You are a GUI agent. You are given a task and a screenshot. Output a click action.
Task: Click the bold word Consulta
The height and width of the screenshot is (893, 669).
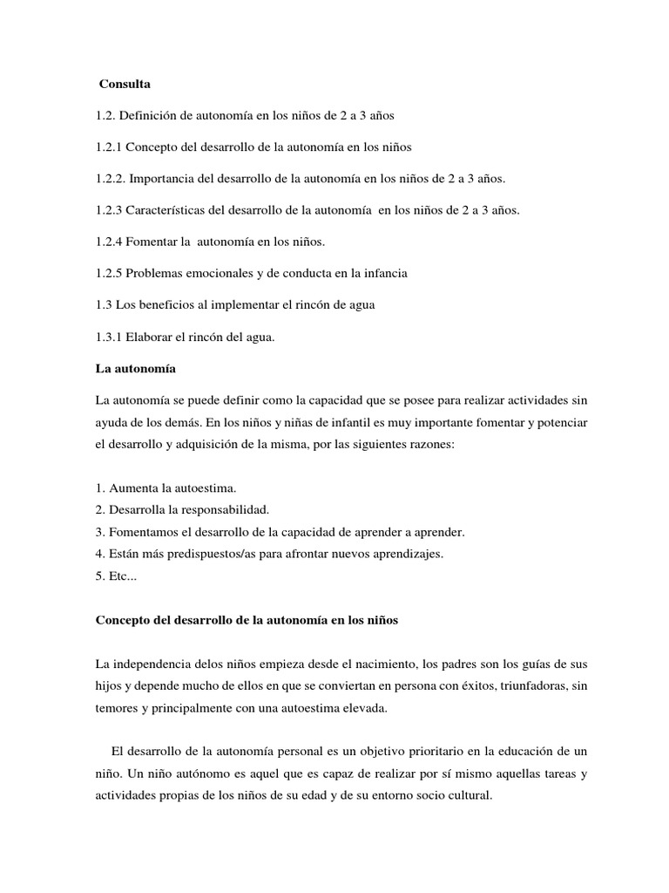point(125,85)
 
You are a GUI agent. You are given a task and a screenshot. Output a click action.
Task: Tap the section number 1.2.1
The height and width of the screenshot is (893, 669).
point(108,147)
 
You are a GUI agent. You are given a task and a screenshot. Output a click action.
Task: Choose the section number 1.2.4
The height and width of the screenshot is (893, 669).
point(108,241)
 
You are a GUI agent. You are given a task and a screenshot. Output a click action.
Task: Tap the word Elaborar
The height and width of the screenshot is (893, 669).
point(150,336)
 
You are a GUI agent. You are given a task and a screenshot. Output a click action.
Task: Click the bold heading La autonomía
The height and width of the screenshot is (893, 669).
point(135,368)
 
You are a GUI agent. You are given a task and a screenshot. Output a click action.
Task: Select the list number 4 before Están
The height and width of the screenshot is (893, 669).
point(98,552)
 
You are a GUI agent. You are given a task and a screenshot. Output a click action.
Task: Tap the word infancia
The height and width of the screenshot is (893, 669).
point(381,272)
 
